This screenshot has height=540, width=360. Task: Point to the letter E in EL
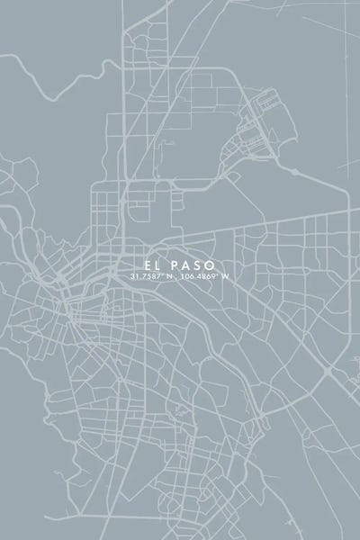tap(144, 264)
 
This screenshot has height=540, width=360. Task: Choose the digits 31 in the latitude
tap(134, 275)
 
